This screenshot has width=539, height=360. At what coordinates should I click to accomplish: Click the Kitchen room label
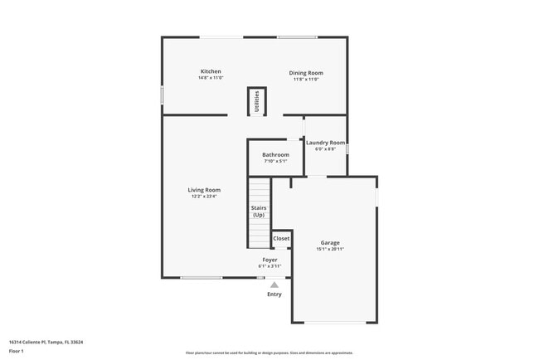point(211,71)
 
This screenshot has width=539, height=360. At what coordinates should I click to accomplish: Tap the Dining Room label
point(305,73)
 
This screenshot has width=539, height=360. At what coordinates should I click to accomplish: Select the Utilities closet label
point(257,100)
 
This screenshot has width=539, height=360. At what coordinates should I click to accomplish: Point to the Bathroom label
point(275,154)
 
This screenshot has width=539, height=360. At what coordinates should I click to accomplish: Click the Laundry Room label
point(325,143)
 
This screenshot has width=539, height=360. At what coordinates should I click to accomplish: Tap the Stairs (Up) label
point(259,211)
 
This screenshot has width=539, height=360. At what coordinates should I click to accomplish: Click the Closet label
point(281,238)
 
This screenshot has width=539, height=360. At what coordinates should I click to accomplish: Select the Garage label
point(330,242)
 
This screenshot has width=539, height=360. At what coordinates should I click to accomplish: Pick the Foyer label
point(269,260)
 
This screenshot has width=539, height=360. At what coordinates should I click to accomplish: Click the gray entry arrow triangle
point(274,285)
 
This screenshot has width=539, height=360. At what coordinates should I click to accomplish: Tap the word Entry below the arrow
point(274,294)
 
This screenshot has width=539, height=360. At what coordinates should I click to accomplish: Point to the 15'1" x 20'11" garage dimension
point(330,249)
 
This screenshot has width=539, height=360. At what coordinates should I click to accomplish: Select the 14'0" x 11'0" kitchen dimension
point(210,78)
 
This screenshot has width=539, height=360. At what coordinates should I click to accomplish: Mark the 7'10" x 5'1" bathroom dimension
point(275,161)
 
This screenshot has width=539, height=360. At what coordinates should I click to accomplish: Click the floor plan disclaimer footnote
point(269,353)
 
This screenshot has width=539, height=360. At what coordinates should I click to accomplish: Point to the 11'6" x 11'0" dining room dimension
point(305,80)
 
